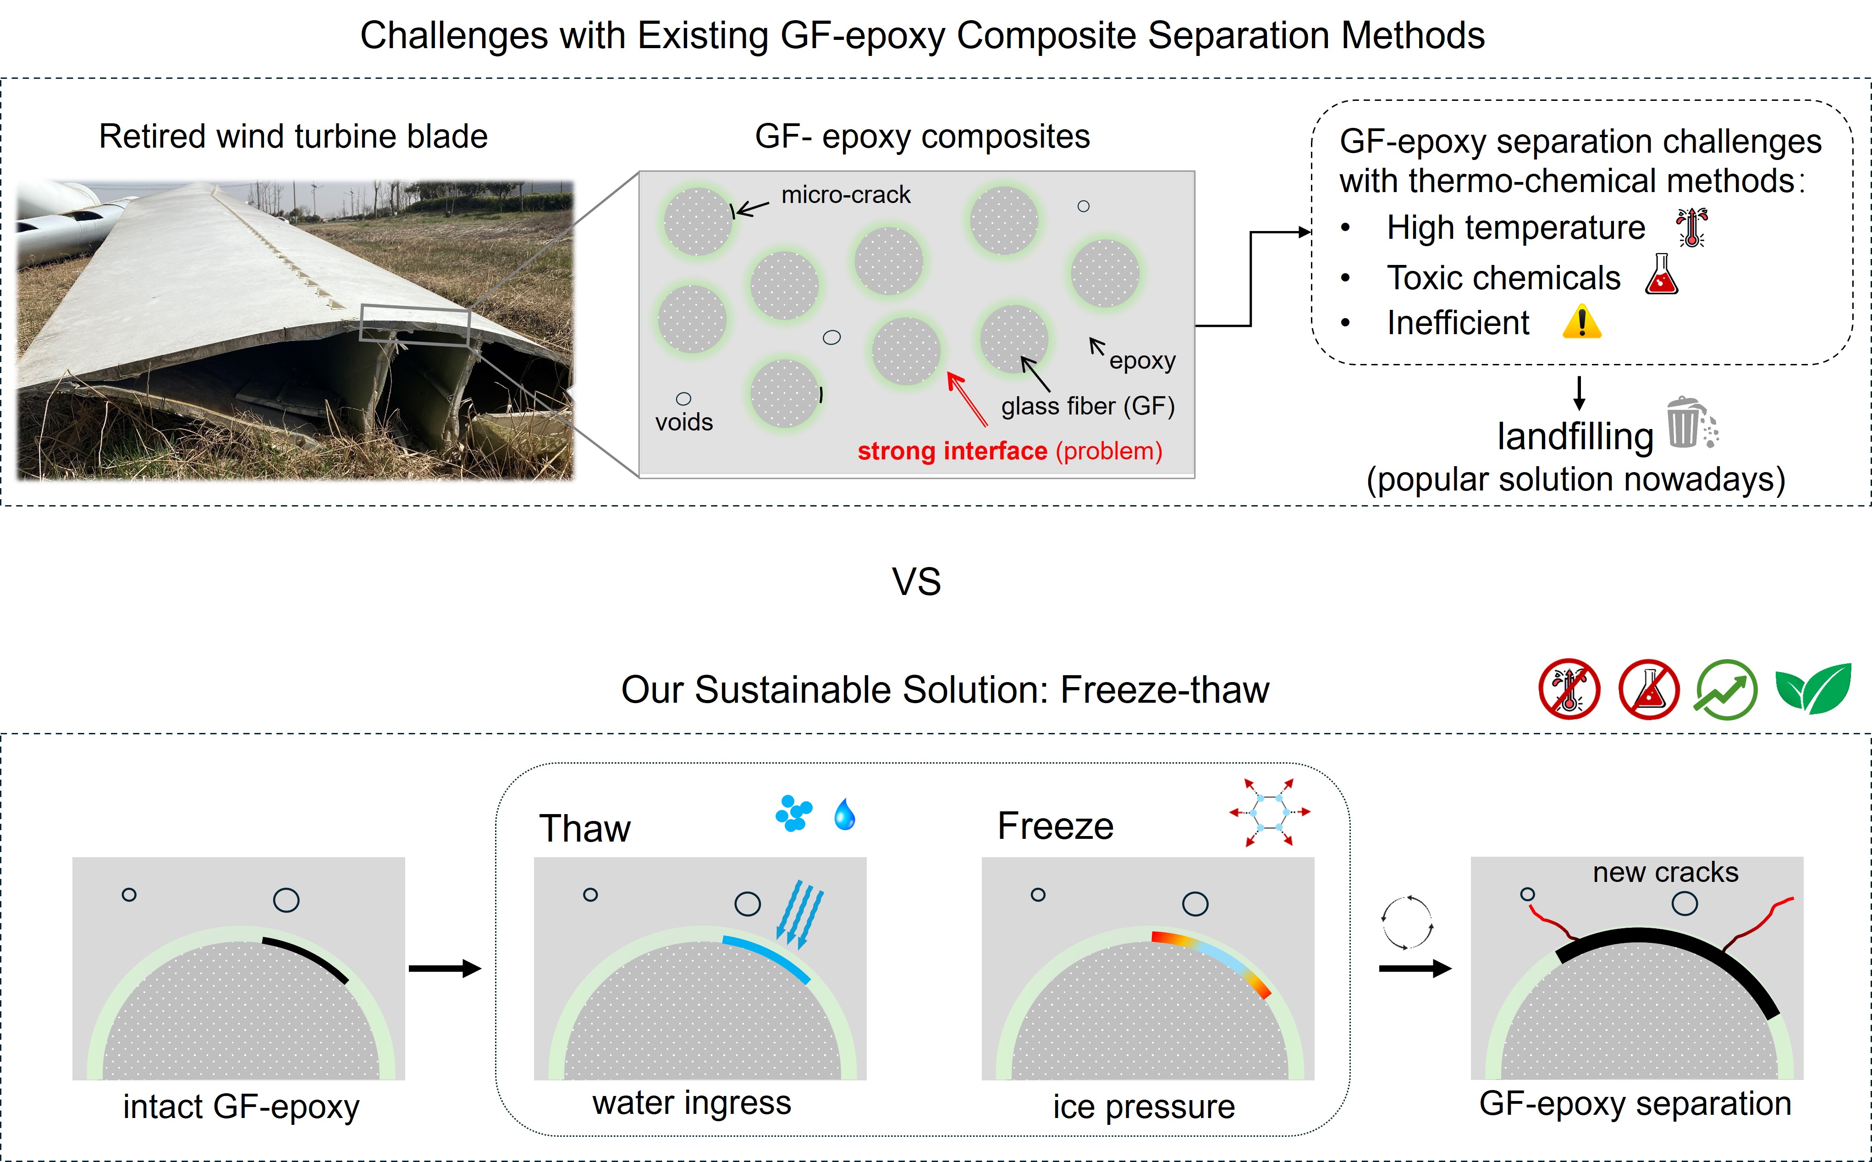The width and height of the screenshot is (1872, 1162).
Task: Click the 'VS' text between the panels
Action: pyautogui.click(x=916, y=583)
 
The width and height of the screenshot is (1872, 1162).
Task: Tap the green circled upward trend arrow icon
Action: pyautogui.click(x=1726, y=689)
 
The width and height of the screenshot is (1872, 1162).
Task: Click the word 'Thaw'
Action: pyautogui.click(x=585, y=828)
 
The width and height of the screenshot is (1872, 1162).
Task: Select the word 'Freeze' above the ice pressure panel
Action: pyautogui.click(x=1055, y=826)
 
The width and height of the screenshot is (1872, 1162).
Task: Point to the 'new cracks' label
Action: pyautogui.click(x=1665, y=872)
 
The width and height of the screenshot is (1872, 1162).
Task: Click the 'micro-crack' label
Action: pyautogui.click(x=845, y=195)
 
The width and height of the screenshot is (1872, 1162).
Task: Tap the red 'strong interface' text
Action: pyautogui.click(x=952, y=451)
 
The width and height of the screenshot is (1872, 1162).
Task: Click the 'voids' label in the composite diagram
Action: pyautogui.click(x=684, y=422)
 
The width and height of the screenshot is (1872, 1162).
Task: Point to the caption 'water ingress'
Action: pyautogui.click(x=692, y=1103)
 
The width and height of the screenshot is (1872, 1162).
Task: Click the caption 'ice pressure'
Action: pyautogui.click(x=1144, y=1107)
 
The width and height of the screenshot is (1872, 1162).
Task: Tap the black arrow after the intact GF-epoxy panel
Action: pyautogui.click(x=444, y=968)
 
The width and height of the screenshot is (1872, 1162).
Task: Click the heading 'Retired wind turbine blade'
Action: pyautogui.click(x=293, y=137)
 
